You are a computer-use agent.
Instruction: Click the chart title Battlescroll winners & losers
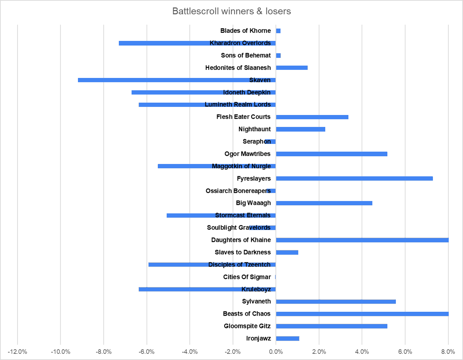click(231, 11)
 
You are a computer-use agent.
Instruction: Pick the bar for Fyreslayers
click(354, 178)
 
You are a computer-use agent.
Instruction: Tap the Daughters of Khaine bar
click(362, 240)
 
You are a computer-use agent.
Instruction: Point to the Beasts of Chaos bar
click(362, 314)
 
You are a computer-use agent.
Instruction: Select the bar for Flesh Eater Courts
click(312, 117)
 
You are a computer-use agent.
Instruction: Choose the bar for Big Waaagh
click(324, 203)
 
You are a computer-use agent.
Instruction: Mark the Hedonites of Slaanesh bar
click(292, 68)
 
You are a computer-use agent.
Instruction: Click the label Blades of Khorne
click(245, 30)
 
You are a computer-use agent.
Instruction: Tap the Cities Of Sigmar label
click(247, 277)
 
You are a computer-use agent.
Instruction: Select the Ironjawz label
click(258, 338)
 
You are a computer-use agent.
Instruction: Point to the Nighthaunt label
click(254, 129)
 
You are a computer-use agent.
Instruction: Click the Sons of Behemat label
click(246, 55)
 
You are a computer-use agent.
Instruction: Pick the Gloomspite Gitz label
click(247, 326)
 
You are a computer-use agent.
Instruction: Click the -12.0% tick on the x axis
click(17, 352)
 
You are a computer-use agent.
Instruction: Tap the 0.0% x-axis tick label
click(276, 352)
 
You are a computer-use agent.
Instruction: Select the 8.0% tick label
click(448, 352)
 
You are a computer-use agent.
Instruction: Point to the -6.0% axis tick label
click(147, 352)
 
